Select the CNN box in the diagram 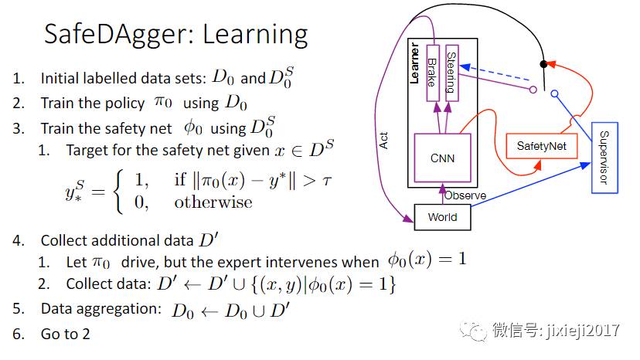[x=442, y=158]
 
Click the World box [x=442, y=217]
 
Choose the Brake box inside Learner [x=432, y=70]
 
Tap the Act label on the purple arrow [x=384, y=139]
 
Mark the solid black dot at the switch [x=543, y=63]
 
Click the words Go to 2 [x=65, y=335]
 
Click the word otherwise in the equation [x=213, y=202]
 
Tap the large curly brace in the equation [x=117, y=192]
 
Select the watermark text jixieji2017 [x=587, y=331]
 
